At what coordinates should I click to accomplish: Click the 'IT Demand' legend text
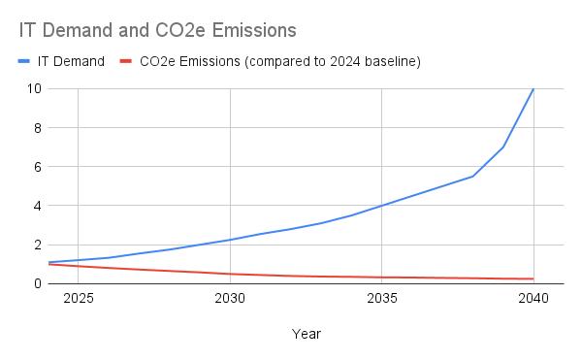pos(71,62)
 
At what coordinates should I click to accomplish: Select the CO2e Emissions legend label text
pos(280,62)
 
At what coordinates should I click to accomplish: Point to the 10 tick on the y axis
pos(33,88)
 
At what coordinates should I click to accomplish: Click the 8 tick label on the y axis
pos(36,127)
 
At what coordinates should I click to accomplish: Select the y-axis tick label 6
pos(36,167)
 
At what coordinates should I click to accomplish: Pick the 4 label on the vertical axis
pos(36,206)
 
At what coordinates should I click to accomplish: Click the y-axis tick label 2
pos(36,245)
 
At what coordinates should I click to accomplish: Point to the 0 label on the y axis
pos(36,283)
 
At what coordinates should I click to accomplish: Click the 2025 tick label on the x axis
pos(78,299)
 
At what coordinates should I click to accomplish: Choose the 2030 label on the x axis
pos(230,299)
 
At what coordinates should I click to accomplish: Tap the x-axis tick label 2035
pos(382,299)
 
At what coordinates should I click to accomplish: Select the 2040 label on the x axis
pos(533,299)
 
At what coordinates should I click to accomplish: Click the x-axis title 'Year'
pos(306,334)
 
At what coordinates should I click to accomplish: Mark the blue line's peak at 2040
pos(533,88)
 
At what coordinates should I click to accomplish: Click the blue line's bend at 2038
pos(472,177)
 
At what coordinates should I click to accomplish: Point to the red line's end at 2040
pos(533,278)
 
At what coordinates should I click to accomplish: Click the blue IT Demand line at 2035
pos(382,206)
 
